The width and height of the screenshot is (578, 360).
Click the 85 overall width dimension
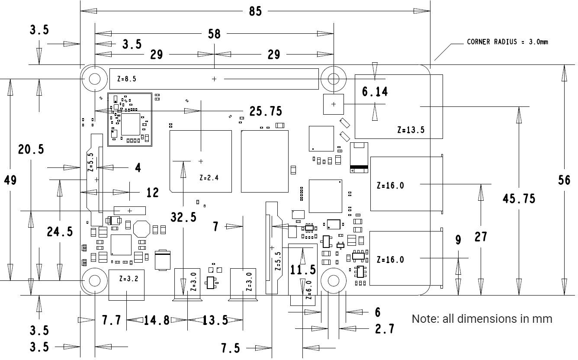click(255, 11)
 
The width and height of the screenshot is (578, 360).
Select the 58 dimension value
click(214, 33)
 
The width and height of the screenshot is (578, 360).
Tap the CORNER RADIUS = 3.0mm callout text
click(507, 42)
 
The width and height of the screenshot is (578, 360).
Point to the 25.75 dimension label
click(266, 111)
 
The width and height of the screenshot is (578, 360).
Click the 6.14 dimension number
click(375, 91)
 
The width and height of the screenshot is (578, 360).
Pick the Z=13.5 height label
click(411, 130)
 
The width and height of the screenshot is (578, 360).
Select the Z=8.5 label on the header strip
click(127, 79)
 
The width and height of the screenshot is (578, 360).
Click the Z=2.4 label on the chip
click(209, 177)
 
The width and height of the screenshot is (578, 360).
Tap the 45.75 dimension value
click(519, 198)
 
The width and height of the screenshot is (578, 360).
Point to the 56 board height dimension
click(564, 180)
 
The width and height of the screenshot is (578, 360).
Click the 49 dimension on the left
click(10, 180)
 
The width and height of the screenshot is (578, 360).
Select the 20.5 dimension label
click(31, 149)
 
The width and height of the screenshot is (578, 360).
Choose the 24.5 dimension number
click(60, 232)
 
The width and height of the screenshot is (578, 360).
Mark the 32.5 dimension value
click(183, 217)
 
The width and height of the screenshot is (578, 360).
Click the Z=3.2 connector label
click(128, 279)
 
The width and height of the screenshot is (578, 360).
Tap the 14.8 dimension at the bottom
click(157, 320)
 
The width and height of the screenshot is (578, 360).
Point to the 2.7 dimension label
click(385, 329)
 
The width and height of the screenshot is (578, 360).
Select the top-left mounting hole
click(95, 79)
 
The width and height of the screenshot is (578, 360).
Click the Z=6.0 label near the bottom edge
click(308, 290)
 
